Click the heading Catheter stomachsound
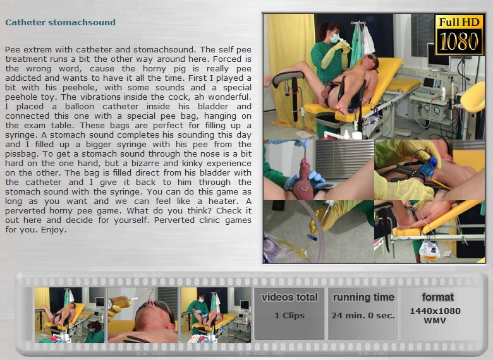[x=61, y=22]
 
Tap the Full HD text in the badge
[x=459, y=22]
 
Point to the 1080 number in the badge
[x=459, y=41]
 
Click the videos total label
[x=289, y=297]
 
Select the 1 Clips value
[x=289, y=315]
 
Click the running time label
[x=363, y=297]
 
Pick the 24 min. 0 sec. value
[x=363, y=315]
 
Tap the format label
[x=437, y=297]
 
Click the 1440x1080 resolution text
[x=435, y=311]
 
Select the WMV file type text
[x=435, y=321]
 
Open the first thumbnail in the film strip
[x=70, y=315]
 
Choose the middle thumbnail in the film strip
[x=143, y=315]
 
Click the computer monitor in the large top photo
[x=439, y=57]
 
